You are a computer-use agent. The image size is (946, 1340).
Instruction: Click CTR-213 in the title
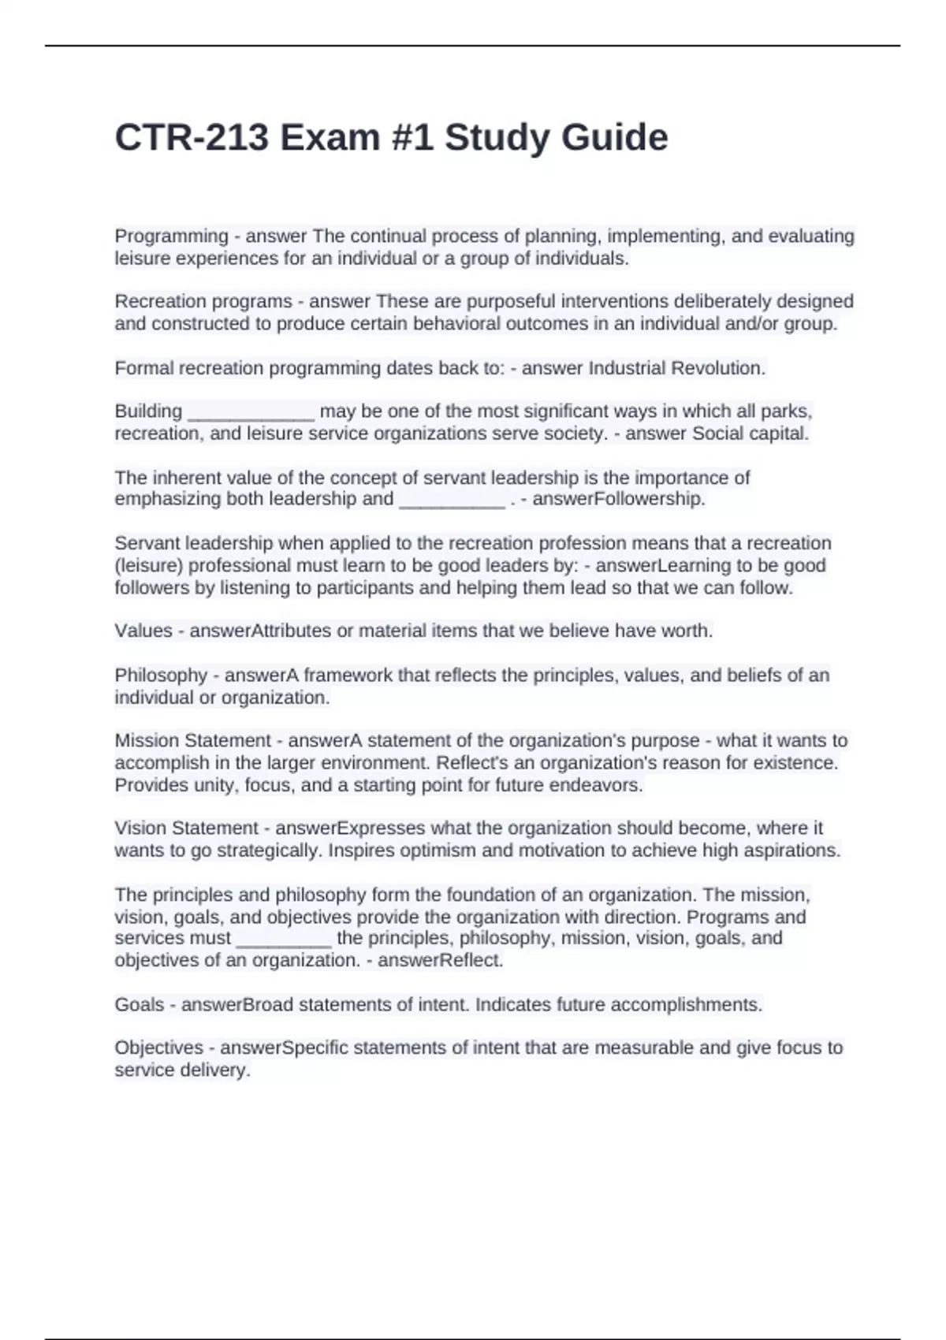point(192,138)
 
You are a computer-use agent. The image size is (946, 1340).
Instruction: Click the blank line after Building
point(251,412)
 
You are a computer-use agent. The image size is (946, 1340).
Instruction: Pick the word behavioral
point(456,324)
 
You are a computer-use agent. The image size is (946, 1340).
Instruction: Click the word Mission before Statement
point(147,741)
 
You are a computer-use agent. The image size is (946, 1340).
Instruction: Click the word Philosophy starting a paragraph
point(161,676)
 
